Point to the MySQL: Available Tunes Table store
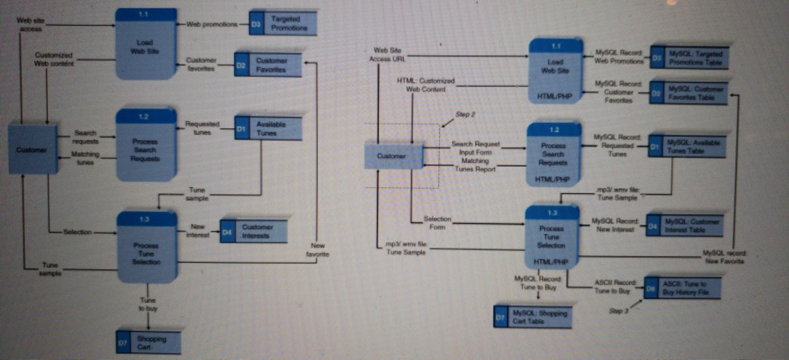point(686,146)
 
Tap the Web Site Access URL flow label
point(389,54)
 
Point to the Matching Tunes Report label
point(474,164)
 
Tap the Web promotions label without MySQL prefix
point(211,24)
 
